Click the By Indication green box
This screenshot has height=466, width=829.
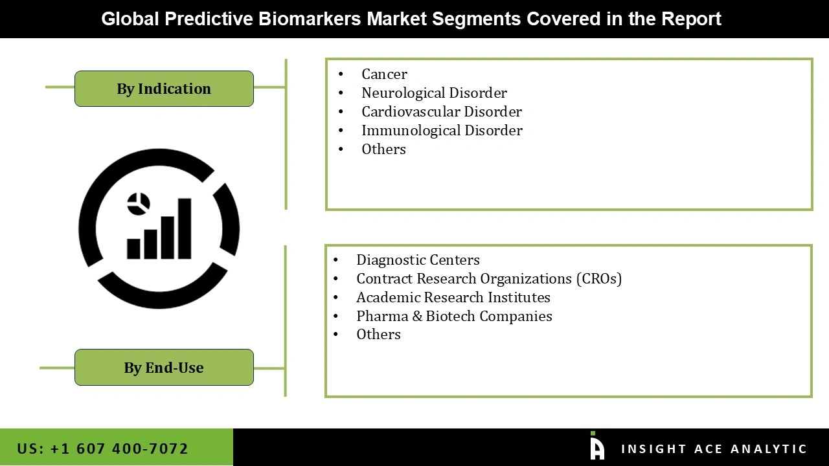point(164,89)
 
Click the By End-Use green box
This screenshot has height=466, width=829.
point(164,368)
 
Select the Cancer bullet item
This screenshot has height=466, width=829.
point(384,74)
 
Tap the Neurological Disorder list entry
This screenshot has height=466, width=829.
point(434,93)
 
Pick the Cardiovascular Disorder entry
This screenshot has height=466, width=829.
point(441,112)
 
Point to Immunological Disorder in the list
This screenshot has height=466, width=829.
point(442,131)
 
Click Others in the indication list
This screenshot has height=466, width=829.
point(383,150)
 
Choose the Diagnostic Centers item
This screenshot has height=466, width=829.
point(418,260)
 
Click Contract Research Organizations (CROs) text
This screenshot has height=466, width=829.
point(488,279)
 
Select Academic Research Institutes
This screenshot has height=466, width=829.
point(453,298)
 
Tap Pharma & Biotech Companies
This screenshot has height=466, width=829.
point(454,316)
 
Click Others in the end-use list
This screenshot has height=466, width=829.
point(378,335)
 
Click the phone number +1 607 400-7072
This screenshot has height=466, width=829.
point(102,449)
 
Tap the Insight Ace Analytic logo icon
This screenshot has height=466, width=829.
point(596,447)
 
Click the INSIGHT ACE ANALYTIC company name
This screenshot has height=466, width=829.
point(714,449)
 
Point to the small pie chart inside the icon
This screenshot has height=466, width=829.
point(139,204)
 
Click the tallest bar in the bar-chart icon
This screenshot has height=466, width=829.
point(185,228)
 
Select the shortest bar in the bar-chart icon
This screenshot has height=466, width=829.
point(134,249)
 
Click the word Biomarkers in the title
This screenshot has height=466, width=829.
point(309,19)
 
